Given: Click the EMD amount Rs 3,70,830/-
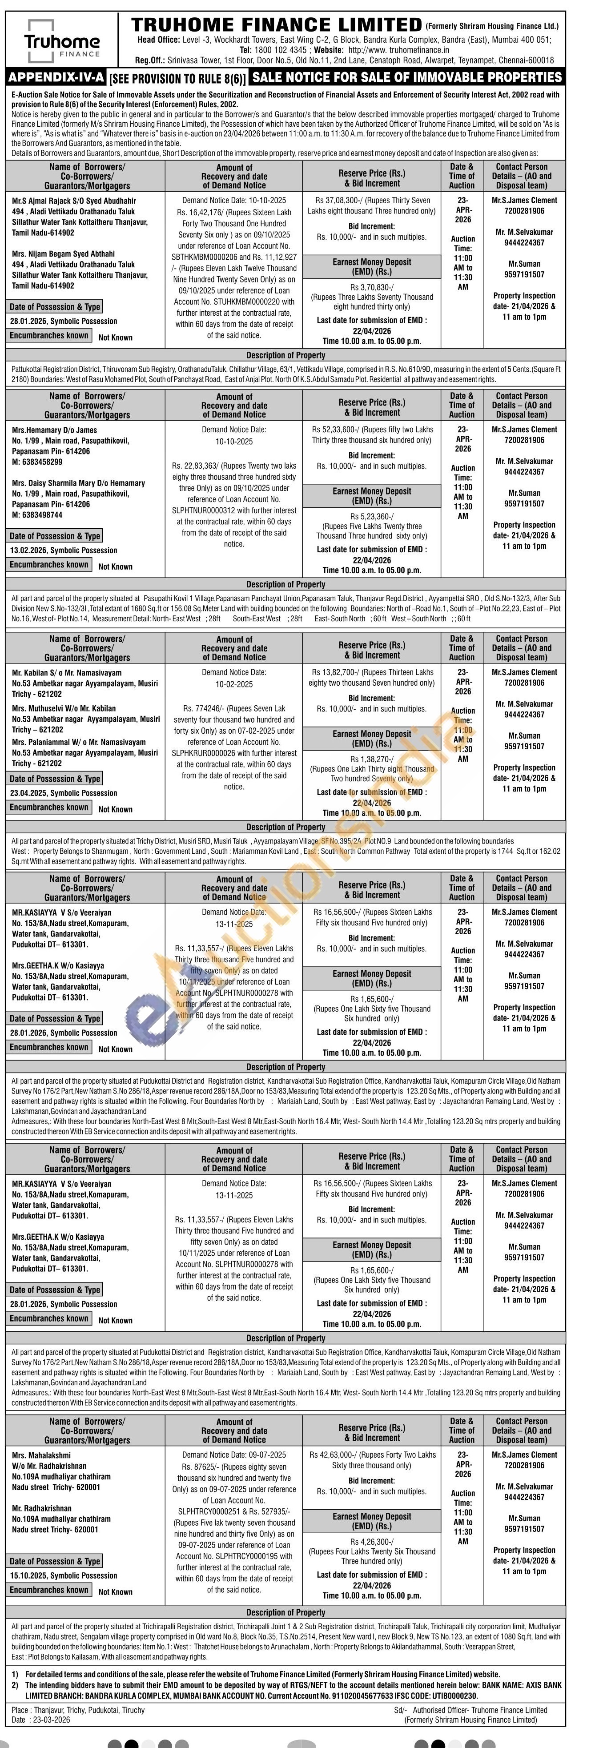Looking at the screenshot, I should [x=372, y=287].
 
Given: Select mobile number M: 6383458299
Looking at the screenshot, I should [x=37, y=462].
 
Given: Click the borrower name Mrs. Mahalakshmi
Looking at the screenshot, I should [x=41, y=1455].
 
